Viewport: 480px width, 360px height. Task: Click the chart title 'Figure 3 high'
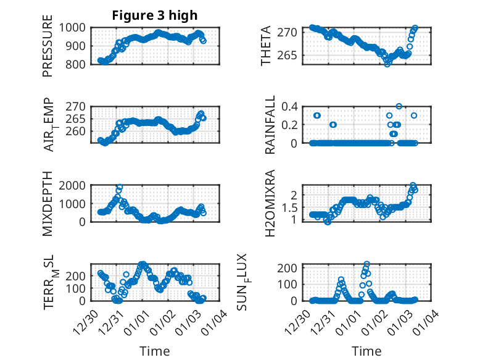point(154,15)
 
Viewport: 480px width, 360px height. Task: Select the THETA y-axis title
point(266,46)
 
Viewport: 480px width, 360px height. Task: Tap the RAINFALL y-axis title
point(270,125)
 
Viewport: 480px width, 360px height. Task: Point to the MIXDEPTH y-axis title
point(48,204)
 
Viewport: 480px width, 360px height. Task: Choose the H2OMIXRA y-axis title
point(270,204)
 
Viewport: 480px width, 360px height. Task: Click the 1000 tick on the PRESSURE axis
point(75,28)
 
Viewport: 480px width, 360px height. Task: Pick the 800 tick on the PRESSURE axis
point(78,64)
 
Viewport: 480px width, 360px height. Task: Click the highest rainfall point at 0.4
point(399,106)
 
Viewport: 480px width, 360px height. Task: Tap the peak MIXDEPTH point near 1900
point(119,187)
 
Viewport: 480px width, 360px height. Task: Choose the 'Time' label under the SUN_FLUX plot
point(366,351)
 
